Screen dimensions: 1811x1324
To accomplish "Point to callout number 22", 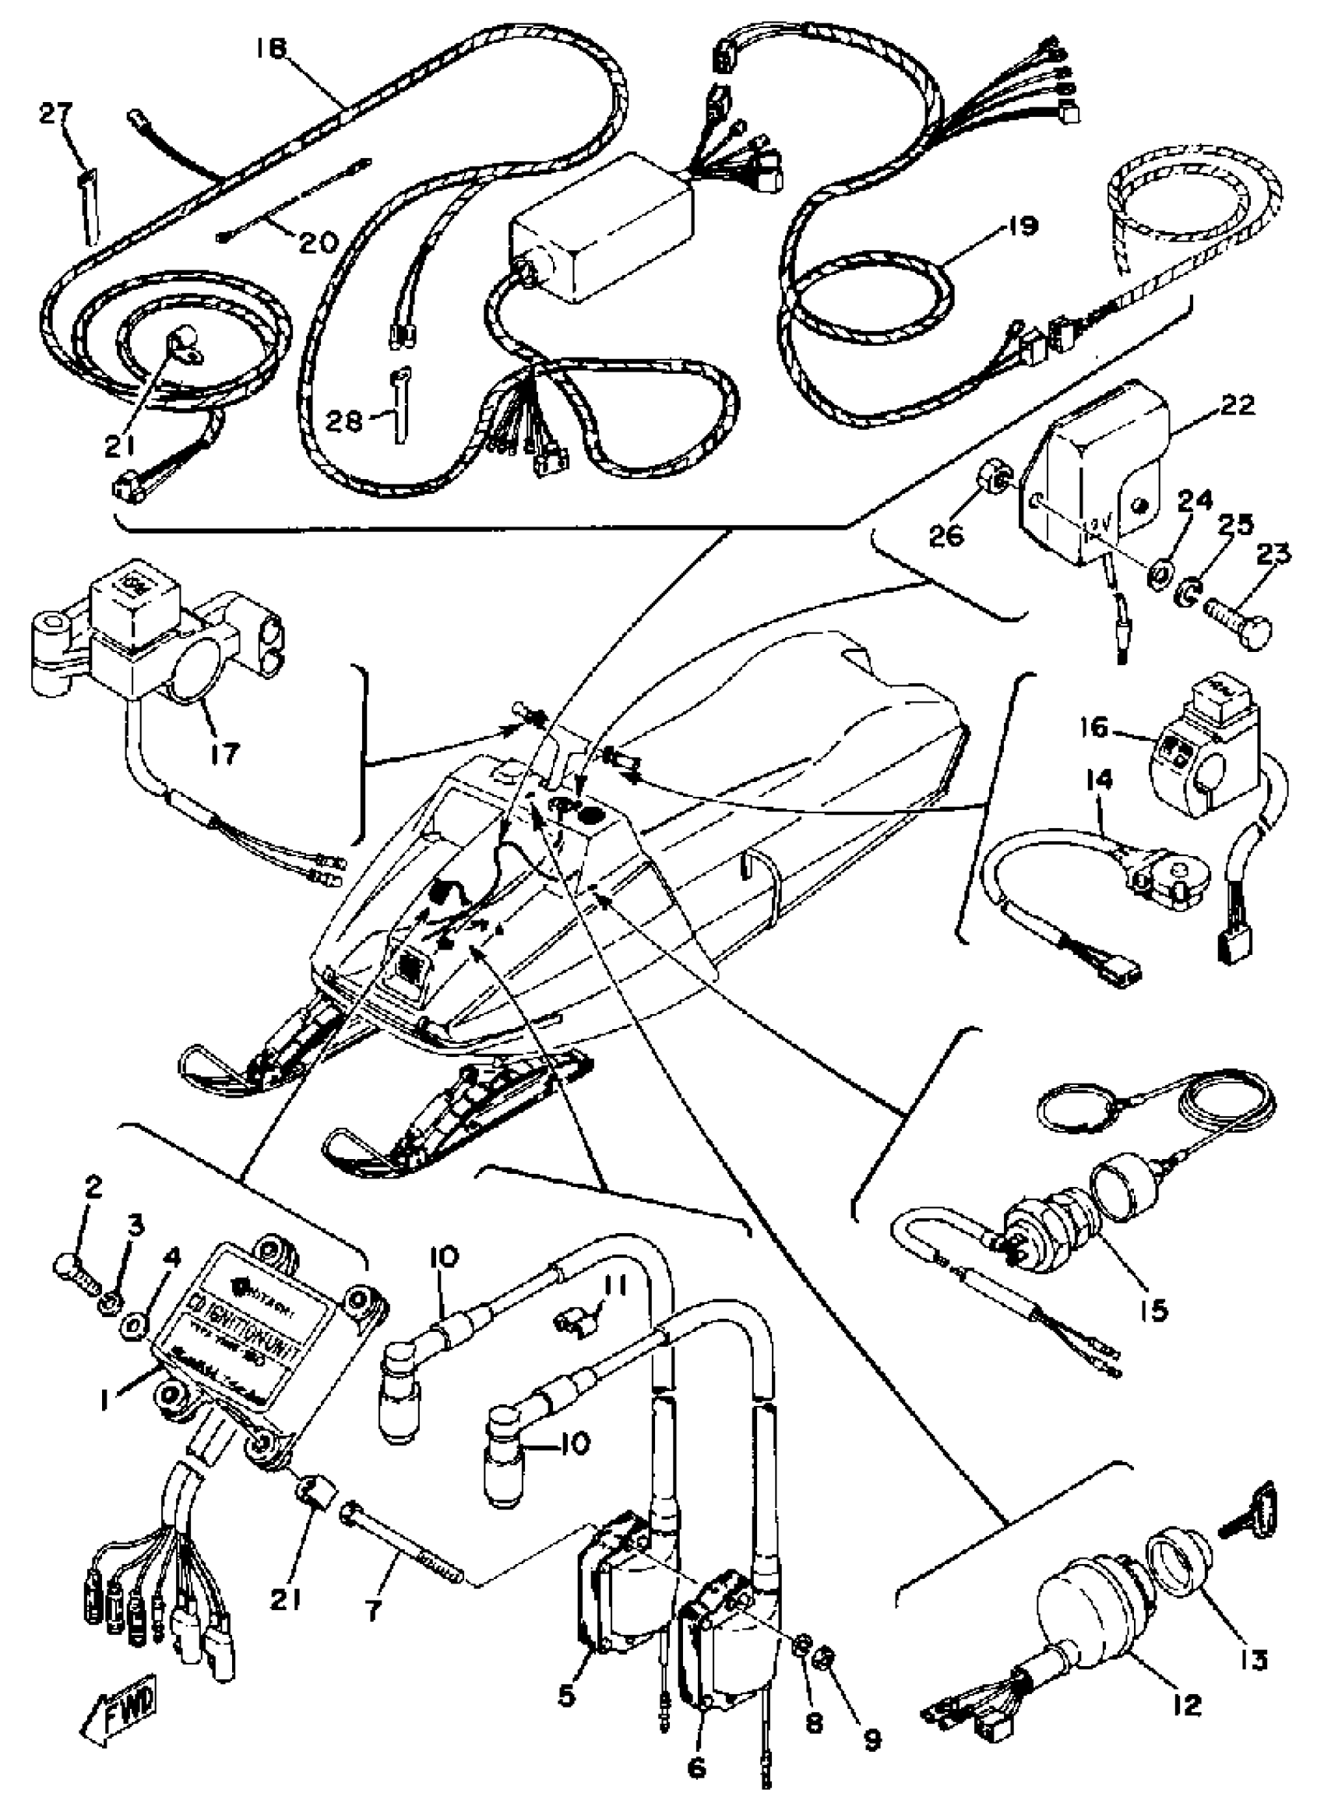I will pos(1235,406).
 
